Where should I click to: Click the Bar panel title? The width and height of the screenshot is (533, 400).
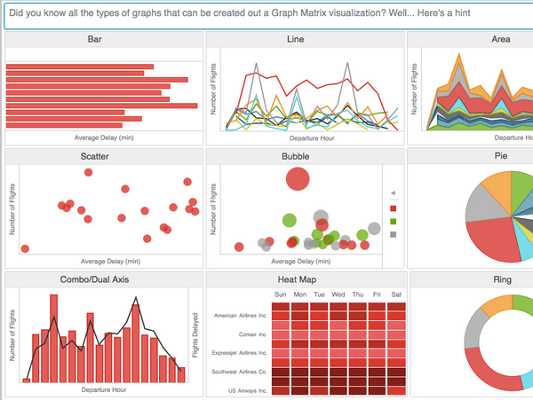click(x=94, y=39)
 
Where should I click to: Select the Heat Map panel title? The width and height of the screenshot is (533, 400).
click(x=297, y=279)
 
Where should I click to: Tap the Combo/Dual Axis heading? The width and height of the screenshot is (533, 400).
click(x=94, y=279)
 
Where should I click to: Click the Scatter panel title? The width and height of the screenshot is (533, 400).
click(x=94, y=156)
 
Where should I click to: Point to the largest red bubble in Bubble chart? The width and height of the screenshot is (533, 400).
click(x=298, y=179)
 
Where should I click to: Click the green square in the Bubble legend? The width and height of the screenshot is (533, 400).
click(x=394, y=222)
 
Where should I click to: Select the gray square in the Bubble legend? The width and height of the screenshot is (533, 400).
click(x=394, y=234)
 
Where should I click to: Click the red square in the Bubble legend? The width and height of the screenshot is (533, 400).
click(x=394, y=208)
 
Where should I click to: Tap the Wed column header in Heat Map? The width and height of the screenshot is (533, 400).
click(x=338, y=294)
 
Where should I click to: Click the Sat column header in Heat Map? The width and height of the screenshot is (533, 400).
click(x=396, y=294)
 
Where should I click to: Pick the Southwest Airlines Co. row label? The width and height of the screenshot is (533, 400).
click(x=239, y=372)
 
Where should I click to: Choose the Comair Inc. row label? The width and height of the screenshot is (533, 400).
click(x=253, y=334)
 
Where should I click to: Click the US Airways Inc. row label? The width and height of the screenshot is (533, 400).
click(x=248, y=391)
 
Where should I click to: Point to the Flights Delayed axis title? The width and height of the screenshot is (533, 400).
click(x=195, y=335)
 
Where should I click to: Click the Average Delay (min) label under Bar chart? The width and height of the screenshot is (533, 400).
click(x=104, y=137)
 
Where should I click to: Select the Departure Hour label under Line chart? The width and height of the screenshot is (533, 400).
click(x=312, y=138)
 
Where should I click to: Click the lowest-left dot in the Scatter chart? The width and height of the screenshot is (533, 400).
click(x=25, y=248)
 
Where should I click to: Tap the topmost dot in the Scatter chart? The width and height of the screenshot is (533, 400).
click(x=88, y=172)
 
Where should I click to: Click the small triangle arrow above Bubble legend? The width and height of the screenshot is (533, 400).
click(x=393, y=192)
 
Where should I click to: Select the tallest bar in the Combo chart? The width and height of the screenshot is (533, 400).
click(x=53, y=339)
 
